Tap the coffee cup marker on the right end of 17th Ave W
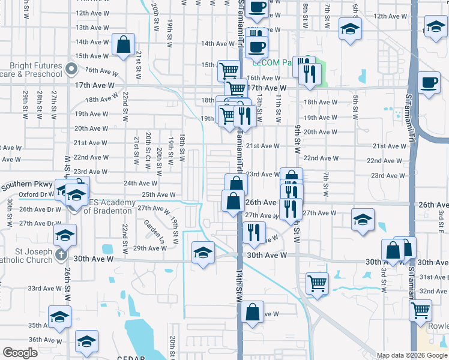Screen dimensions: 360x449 [x=429, y=83]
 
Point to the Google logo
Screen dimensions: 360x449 [x=20, y=353]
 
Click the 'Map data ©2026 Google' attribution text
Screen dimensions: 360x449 [x=412, y=355]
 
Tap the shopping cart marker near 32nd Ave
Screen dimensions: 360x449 [x=317, y=283]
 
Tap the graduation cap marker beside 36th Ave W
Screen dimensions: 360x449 [x=86, y=341]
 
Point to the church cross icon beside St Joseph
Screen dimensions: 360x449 [x=59, y=254]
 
